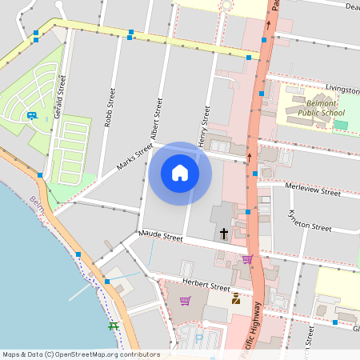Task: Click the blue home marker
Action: pos(180,173)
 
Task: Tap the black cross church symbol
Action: pos(223,234)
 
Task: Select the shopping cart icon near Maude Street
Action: pos(247,259)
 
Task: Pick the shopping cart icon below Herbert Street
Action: pos(185,301)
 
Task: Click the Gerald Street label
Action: pos(58,98)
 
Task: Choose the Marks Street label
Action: pos(134,155)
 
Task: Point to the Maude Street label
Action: pos(161,237)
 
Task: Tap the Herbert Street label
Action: pos(206,286)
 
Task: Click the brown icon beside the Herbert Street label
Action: pos(236,299)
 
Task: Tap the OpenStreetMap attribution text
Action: pos(81,354)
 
